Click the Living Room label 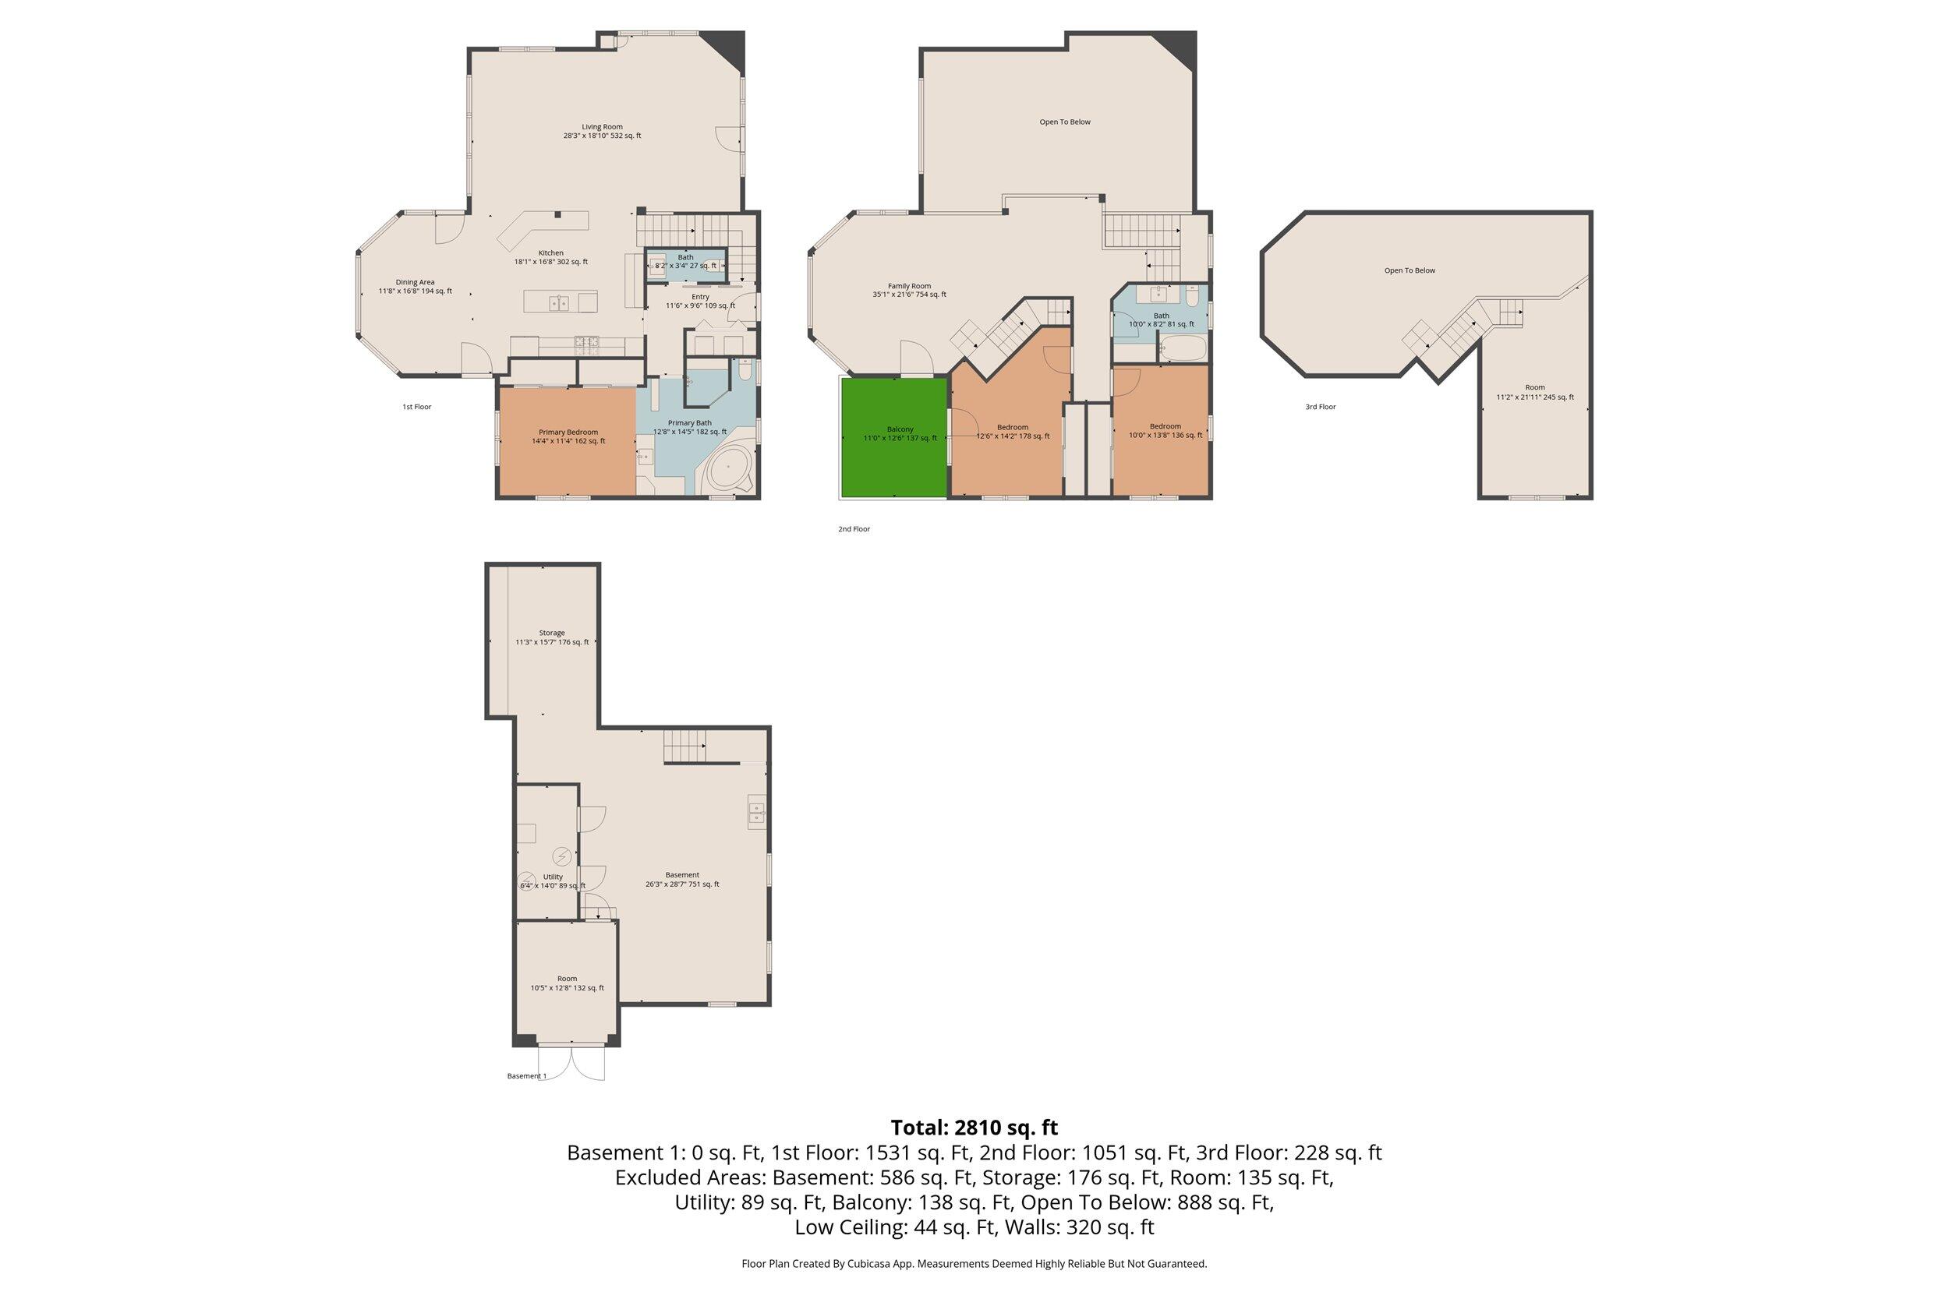[x=602, y=131]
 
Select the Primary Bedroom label [x=568, y=436]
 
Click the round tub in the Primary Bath [x=729, y=471]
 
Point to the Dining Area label [x=416, y=287]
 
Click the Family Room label [x=909, y=290]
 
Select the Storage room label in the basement [x=552, y=637]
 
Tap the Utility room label [x=553, y=881]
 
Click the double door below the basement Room [x=571, y=1062]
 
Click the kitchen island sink [x=558, y=303]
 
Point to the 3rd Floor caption [x=1320, y=407]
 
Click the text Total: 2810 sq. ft [x=974, y=1128]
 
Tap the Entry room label [x=700, y=301]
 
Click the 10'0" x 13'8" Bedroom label [x=1165, y=431]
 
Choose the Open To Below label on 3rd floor [x=1410, y=270]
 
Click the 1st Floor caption [x=417, y=407]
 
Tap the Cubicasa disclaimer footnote [x=974, y=1263]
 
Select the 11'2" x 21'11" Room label [x=1535, y=392]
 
